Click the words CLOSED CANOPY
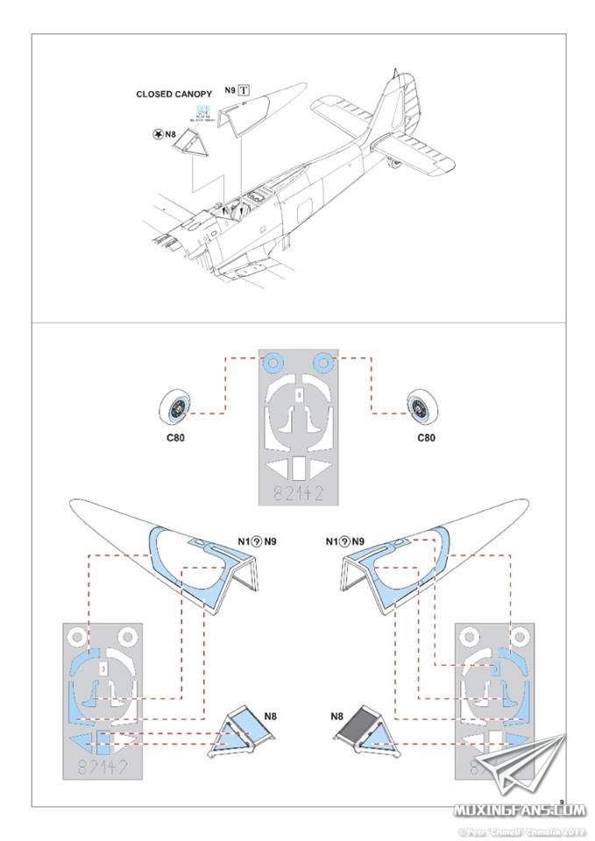174,94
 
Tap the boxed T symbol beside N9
244,90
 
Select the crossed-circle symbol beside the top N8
158,134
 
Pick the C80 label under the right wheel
425,437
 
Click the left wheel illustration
178,406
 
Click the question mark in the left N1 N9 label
256,543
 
